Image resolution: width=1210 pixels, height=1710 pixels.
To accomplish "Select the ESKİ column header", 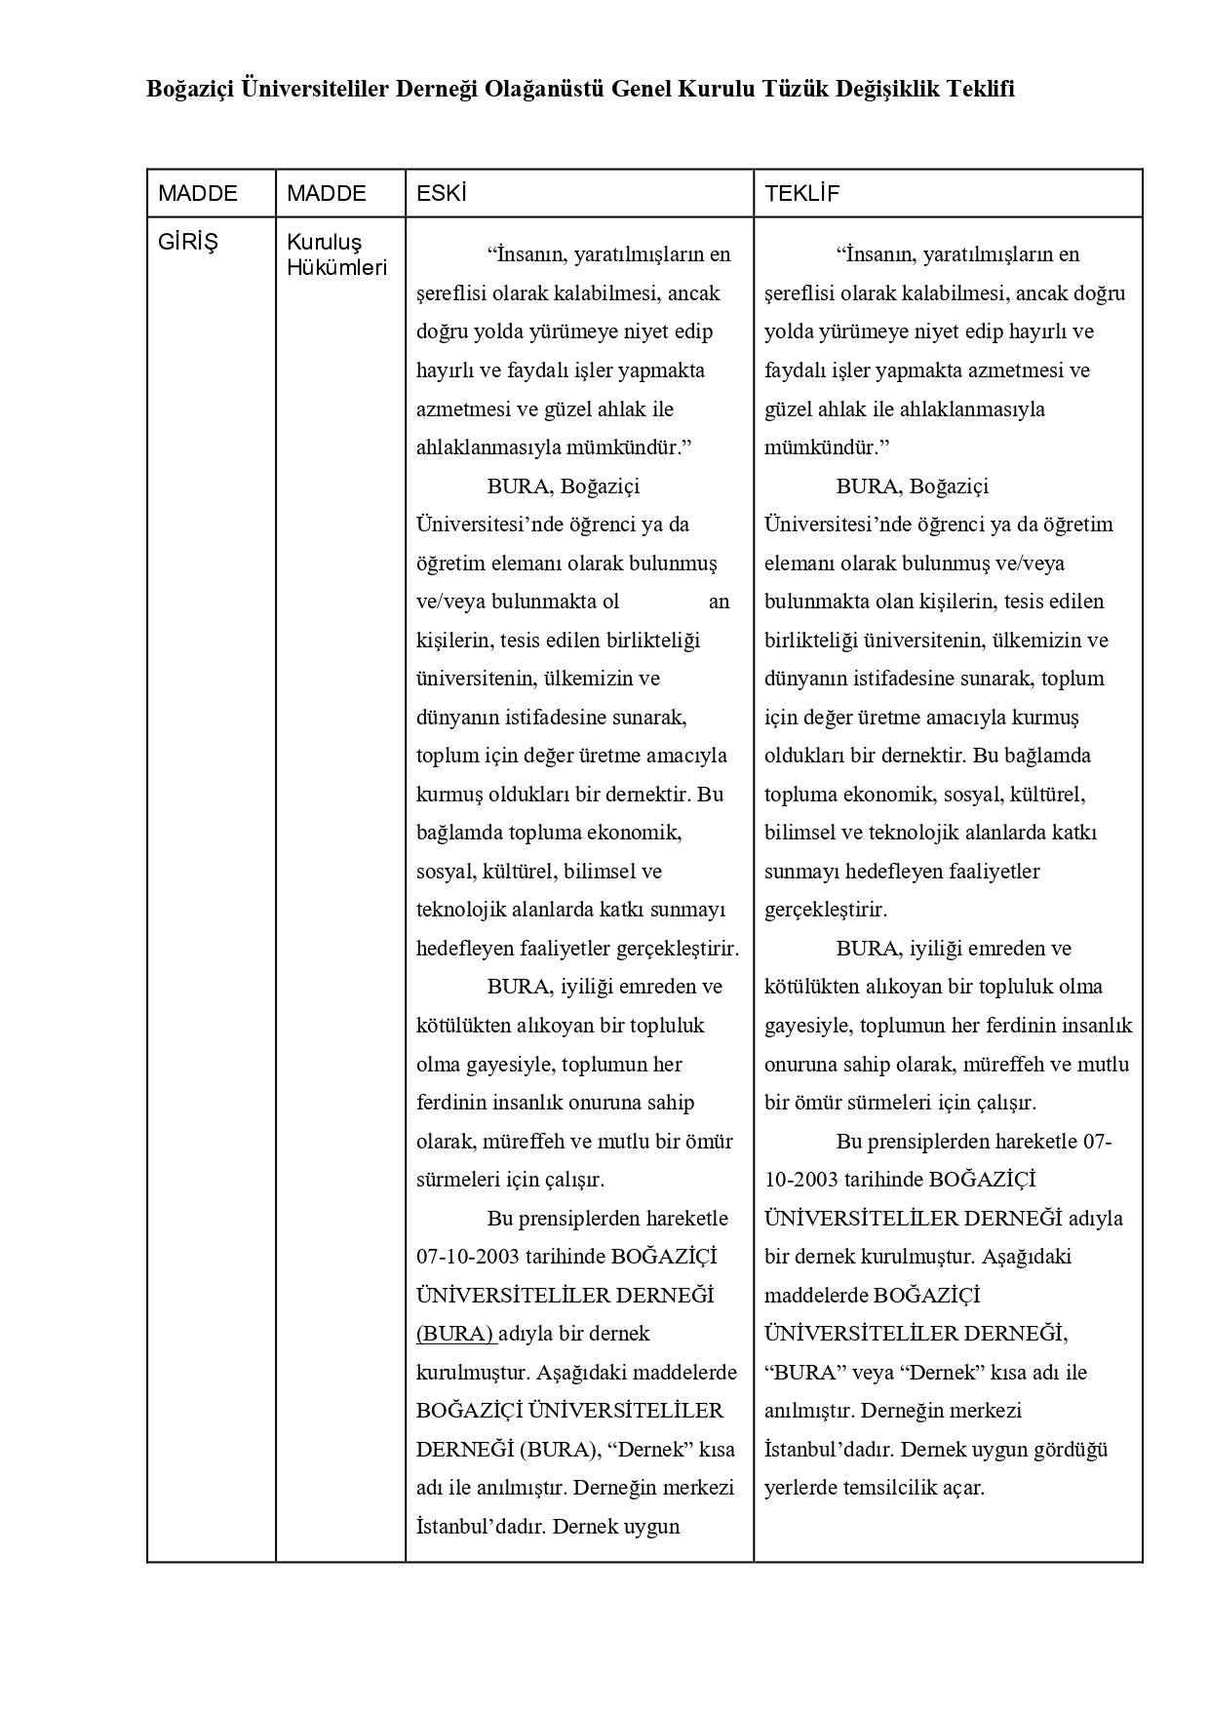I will [x=441, y=193].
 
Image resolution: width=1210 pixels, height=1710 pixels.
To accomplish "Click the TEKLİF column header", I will [x=801, y=193].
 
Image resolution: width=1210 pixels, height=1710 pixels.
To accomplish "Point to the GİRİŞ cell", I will [x=188, y=242].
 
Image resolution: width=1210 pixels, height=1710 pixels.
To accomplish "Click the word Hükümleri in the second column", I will [x=336, y=267].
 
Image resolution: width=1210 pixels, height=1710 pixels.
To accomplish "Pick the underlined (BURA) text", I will [x=454, y=1334].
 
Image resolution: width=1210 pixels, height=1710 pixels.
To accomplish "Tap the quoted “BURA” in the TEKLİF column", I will [x=805, y=1373].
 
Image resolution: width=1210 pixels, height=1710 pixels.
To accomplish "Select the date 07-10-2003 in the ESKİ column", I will [x=466, y=1257].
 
